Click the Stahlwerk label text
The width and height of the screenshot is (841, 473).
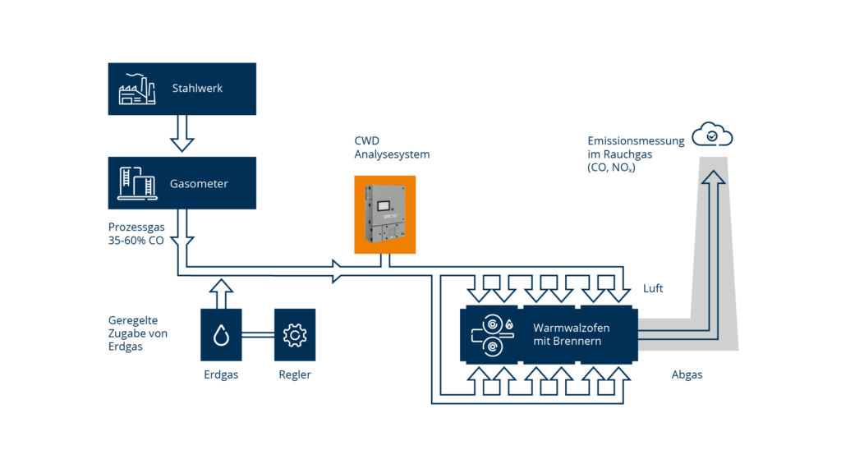pyautogui.click(x=197, y=89)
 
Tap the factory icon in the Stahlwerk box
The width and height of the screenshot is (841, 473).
pyautogui.click(x=138, y=90)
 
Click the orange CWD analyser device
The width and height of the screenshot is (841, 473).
pyautogui.click(x=384, y=214)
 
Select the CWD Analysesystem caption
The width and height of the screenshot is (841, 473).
pyautogui.click(x=391, y=148)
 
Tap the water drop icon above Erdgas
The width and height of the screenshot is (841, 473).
pyautogui.click(x=221, y=335)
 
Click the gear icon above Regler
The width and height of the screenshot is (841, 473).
pyautogui.click(x=294, y=335)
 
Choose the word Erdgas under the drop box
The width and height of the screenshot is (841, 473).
pyautogui.click(x=221, y=375)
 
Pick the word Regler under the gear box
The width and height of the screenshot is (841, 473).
pyautogui.click(x=294, y=375)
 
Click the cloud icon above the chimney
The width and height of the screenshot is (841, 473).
pyautogui.click(x=712, y=135)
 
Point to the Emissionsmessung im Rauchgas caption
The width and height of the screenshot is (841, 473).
pyautogui.click(x=635, y=154)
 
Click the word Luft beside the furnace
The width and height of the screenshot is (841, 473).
pyautogui.click(x=654, y=289)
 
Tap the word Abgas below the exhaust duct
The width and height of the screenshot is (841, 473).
pyautogui.click(x=686, y=374)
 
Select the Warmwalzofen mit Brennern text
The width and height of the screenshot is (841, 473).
pyautogui.click(x=572, y=334)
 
